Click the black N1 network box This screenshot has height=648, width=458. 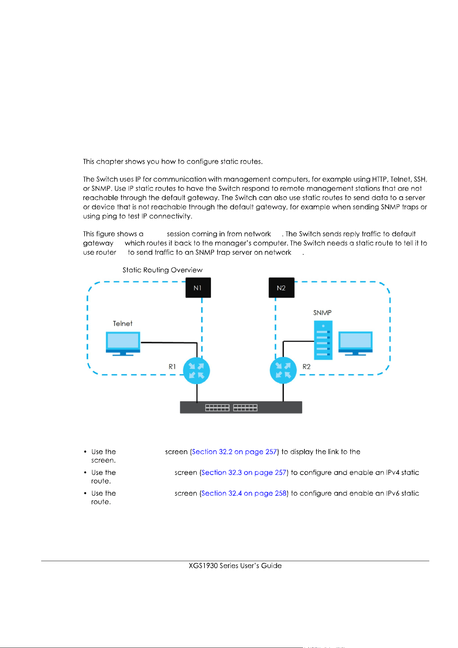[198, 288]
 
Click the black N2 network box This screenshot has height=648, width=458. [282, 288]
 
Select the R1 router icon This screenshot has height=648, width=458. [196, 370]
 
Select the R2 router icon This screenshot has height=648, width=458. [283, 370]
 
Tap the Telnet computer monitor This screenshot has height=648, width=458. [123, 344]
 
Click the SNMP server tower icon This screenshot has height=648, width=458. [323, 340]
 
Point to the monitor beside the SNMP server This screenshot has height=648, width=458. [355, 343]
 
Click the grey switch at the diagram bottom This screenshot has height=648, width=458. [241, 407]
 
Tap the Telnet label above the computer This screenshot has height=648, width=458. [123, 324]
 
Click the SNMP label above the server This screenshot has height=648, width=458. [322, 313]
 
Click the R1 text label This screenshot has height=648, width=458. [172, 367]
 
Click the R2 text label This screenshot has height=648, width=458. [306, 367]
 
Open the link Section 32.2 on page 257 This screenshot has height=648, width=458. [235, 452]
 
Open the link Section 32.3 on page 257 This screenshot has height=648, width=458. [244, 472]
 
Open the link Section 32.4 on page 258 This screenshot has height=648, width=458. [244, 493]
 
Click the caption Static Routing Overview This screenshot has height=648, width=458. [163, 270]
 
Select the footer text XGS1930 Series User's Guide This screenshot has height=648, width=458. [235, 566]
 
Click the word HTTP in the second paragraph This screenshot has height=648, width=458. [379, 179]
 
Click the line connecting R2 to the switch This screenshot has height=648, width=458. [283, 393]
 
